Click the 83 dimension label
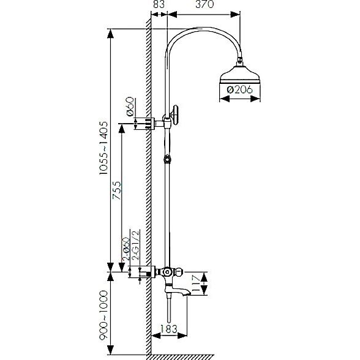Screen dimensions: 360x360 159,4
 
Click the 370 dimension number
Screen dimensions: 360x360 204,4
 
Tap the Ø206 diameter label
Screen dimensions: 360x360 239,89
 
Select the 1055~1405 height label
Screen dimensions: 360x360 103,148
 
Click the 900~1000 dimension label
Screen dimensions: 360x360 103,315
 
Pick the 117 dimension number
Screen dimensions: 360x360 196,284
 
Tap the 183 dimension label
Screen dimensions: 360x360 168,329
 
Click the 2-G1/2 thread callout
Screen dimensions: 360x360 136,246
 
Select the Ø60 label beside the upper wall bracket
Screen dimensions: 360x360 130,107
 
